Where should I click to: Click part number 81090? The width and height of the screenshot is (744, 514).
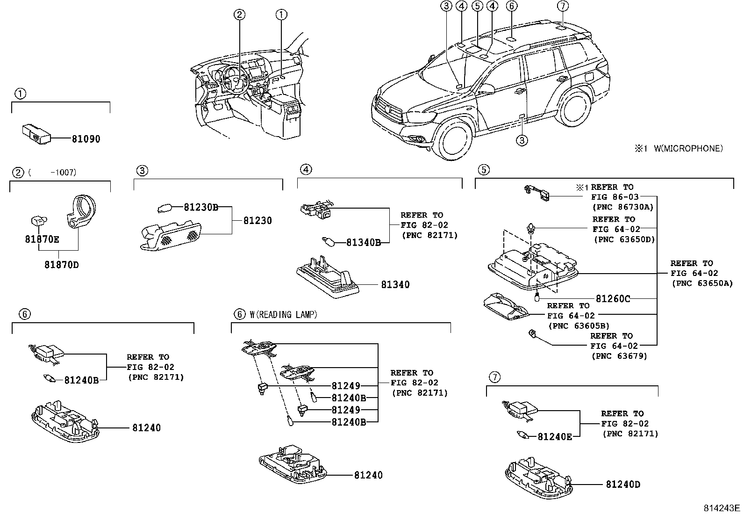click(86, 139)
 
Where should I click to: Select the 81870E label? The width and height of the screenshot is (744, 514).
click(42, 239)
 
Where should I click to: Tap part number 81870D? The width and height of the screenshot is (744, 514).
click(62, 265)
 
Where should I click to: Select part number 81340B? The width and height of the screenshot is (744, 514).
click(364, 242)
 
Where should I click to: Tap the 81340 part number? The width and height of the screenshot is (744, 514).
click(395, 284)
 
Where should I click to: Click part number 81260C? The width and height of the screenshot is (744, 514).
click(613, 298)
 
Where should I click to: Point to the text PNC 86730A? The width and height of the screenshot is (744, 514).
click(622, 207)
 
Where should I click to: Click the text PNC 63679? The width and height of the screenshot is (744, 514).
click(619, 356)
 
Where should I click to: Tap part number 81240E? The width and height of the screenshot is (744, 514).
click(555, 437)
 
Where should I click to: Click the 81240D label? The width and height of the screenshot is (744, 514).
click(623, 484)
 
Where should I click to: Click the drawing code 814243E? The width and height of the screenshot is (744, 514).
click(723, 507)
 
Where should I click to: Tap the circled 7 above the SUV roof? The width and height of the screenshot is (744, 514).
click(563, 6)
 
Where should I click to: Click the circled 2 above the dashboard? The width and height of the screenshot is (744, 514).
click(239, 14)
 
